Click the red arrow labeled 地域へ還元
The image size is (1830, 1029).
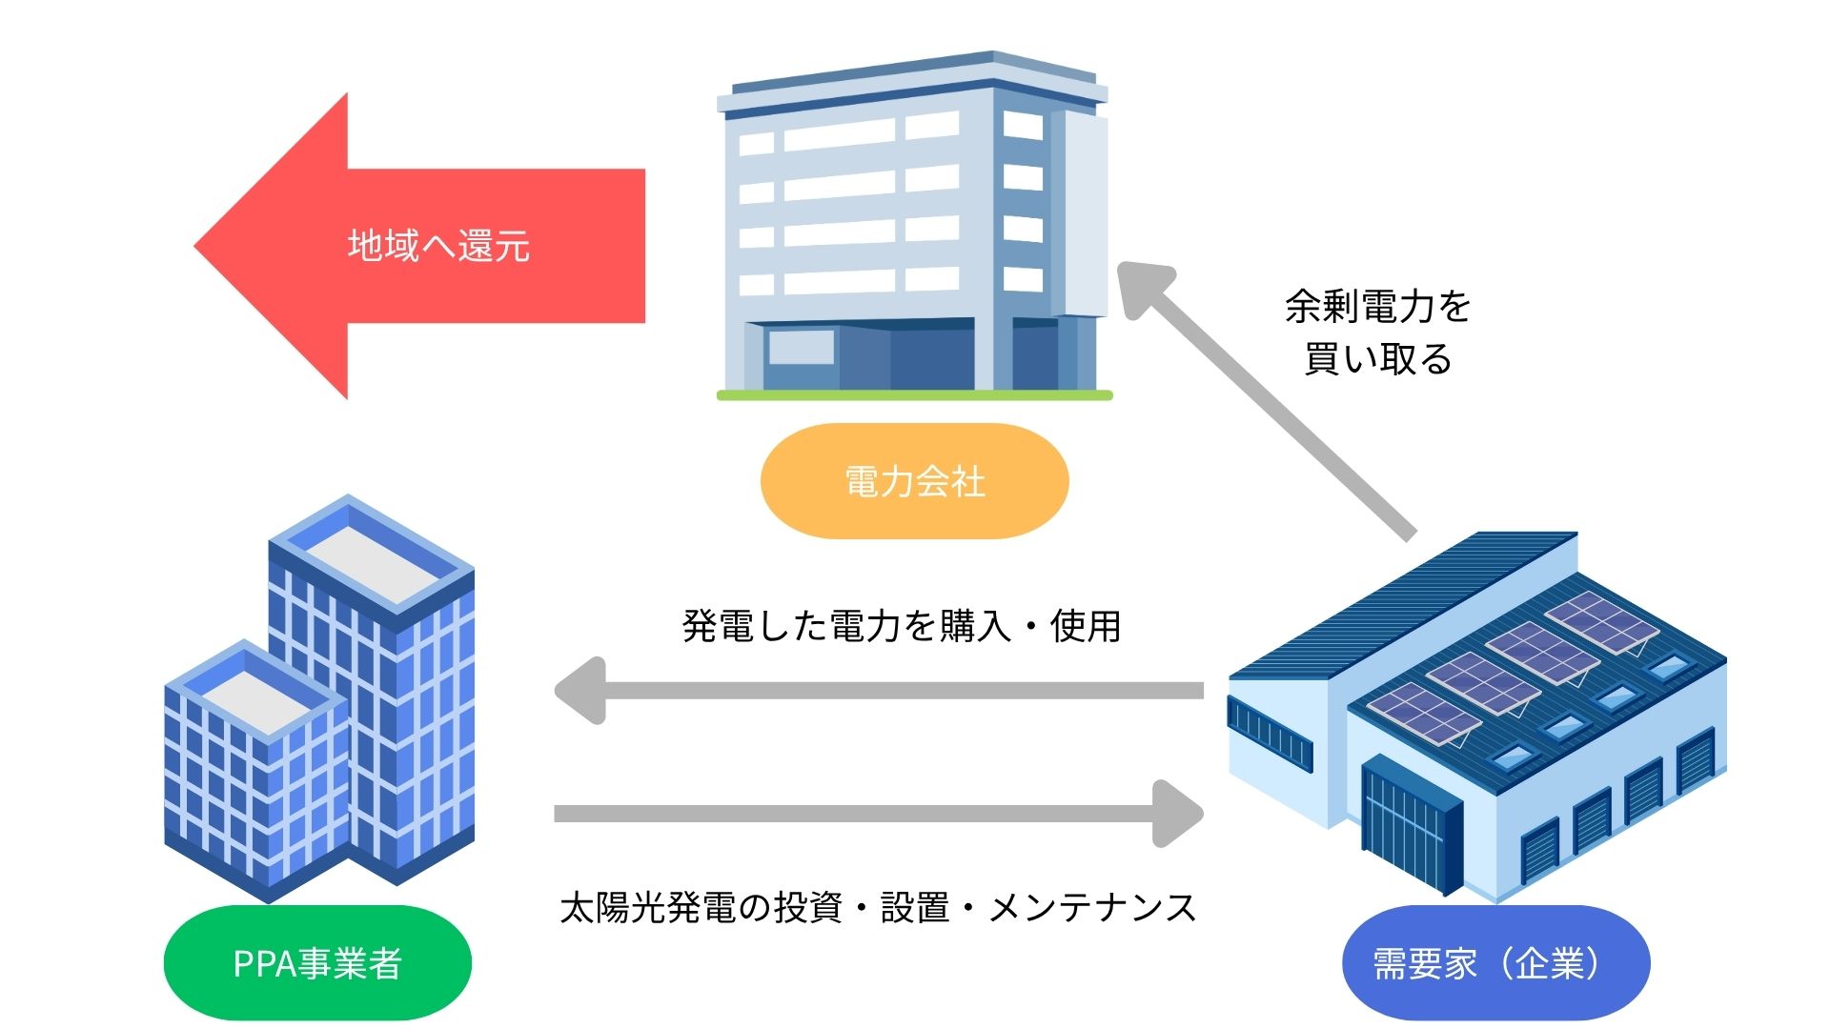[438, 246]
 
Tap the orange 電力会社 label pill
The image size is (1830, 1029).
[914, 481]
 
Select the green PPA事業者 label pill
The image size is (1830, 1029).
[317, 963]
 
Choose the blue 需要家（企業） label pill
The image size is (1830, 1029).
[1494, 963]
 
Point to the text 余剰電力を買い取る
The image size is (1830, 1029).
[1377, 333]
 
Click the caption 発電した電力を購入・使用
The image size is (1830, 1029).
[901, 626]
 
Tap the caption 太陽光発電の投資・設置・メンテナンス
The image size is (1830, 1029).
[877, 907]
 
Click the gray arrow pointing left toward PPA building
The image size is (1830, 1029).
[877, 691]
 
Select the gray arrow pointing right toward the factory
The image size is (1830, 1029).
[877, 814]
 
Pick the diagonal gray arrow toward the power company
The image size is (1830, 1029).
[1268, 400]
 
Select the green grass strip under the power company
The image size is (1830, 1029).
[914, 394]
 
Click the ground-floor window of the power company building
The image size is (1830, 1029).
[801, 348]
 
